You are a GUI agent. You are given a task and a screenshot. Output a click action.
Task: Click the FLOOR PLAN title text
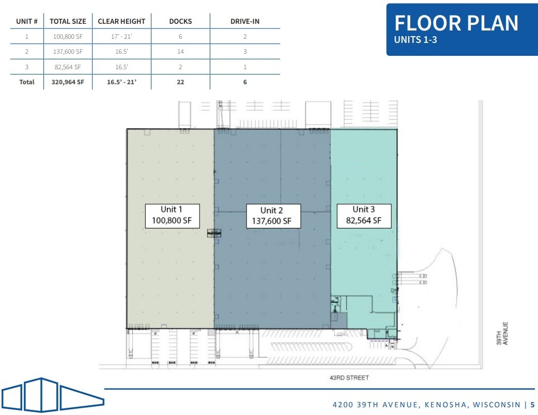pyautogui.click(x=456, y=23)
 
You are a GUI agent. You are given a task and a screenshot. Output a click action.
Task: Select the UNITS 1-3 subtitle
pyautogui.click(x=416, y=40)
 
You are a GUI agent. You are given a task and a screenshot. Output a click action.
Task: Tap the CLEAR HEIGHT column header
pyautogui.click(x=121, y=21)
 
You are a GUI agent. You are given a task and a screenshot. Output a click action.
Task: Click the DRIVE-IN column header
pyautogui.click(x=245, y=21)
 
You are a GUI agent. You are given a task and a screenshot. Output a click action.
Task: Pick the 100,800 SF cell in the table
pyautogui.click(x=68, y=37)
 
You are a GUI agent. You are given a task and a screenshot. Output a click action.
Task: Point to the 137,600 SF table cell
pyautogui.click(x=68, y=52)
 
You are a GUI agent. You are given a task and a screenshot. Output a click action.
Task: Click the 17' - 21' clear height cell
pyautogui.click(x=121, y=37)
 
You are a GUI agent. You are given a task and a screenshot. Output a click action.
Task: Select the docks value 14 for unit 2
pyautogui.click(x=180, y=52)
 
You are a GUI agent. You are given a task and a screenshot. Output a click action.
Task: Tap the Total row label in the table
pyautogui.click(x=27, y=82)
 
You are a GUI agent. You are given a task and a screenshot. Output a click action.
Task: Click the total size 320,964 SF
pyautogui.click(x=68, y=82)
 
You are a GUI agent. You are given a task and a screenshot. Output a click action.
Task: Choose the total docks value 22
pyautogui.click(x=180, y=82)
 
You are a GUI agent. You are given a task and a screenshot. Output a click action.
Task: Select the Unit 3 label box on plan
pyautogui.click(x=364, y=215)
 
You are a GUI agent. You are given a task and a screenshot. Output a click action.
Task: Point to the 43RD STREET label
pyautogui.click(x=350, y=378)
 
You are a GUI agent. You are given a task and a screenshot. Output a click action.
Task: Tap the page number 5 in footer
pyautogui.click(x=532, y=405)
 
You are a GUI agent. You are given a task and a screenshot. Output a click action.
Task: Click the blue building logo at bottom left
pyautogui.click(x=52, y=395)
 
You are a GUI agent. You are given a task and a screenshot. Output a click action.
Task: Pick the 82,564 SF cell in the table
pyautogui.click(x=68, y=67)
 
